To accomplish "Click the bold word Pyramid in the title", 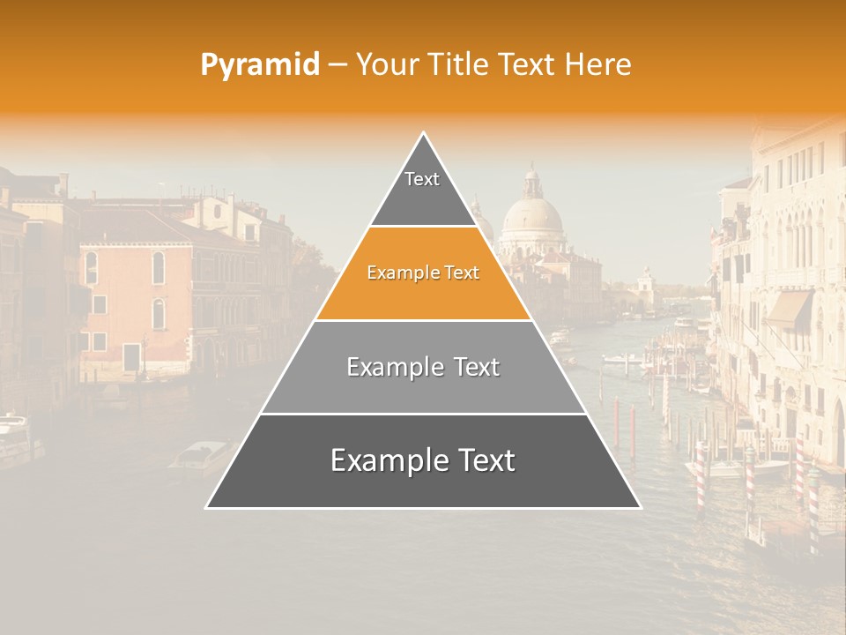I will (259, 64).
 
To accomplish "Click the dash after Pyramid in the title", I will (338, 65).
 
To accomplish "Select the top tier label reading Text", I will (422, 179).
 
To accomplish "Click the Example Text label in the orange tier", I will (423, 273).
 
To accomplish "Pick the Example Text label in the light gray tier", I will (423, 367).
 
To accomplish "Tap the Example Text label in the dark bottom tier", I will (423, 460).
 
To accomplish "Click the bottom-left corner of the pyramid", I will (206, 507).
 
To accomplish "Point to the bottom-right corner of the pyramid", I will (641, 507).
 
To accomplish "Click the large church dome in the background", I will (531, 217).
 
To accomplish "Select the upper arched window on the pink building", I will (159, 267).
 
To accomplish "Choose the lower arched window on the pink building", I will (159, 314).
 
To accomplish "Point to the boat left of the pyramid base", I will (197, 457).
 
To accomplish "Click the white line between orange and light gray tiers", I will (423, 320).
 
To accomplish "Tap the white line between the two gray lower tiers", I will (423, 414).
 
